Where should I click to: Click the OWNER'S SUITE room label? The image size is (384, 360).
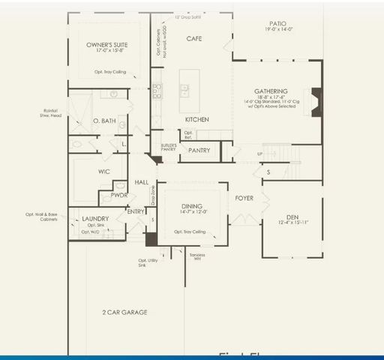point(107,45)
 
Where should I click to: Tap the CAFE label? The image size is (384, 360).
point(194,38)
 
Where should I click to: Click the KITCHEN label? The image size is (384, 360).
point(196,119)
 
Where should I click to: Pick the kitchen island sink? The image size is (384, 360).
point(184,91)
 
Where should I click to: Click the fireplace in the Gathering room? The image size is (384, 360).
point(317,98)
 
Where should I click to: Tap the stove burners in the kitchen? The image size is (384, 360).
point(157,91)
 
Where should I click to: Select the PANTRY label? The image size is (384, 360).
point(199,151)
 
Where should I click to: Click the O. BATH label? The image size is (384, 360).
point(103,121)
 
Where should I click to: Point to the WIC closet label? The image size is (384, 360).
point(104,172)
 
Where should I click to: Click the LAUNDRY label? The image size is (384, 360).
point(95,219)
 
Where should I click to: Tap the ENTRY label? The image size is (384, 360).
point(136,211)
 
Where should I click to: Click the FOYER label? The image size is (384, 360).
point(244,199)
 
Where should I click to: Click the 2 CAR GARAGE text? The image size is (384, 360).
point(124,312)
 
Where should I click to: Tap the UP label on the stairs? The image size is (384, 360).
point(260,154)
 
